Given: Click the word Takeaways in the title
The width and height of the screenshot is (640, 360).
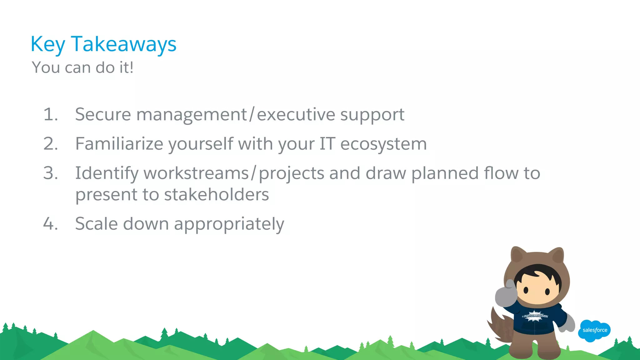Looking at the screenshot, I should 124,44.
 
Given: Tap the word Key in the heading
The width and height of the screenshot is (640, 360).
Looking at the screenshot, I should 47,44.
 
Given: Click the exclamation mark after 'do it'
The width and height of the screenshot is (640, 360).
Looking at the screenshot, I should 132,67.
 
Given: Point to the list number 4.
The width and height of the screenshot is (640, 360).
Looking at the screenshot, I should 50,224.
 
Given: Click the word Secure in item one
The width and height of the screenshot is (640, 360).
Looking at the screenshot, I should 103,114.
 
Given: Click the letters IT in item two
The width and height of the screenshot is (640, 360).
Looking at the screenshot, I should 327,144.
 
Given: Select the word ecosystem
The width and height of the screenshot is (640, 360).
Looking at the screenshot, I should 383,144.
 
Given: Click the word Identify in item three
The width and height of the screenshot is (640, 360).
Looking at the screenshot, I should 107,174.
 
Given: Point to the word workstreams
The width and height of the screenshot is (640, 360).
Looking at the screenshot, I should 196,173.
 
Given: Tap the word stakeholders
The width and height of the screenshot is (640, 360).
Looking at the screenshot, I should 216,195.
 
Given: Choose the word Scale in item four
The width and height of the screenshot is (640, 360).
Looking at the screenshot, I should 97,224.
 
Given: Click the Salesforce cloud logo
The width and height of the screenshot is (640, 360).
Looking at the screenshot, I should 594,330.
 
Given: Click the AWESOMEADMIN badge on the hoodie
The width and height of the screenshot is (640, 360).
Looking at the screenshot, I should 535,316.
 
